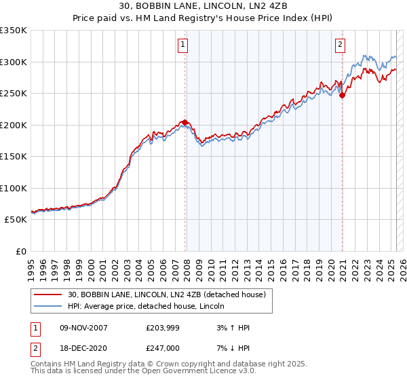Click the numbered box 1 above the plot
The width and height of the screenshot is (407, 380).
pyautogui.click(x=184, y=45)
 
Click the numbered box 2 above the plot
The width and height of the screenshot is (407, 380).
pyautogui.click(x=340, y=45)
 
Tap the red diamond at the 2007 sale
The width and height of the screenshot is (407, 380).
pyautogui.click(x=185, y=122)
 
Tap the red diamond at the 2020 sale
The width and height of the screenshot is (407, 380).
pyautogui.click(x=342, y=96)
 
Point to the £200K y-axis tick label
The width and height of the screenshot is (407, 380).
pyautogui.click(x=14, y=125)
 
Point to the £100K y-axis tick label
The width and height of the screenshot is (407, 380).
pyautogui.click(x=14, y=188)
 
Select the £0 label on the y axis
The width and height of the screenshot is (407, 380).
pyautogui.click(x=21, y=251)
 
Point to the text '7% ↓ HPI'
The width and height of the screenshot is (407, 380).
pyautogui.click(x=233, y=347)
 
